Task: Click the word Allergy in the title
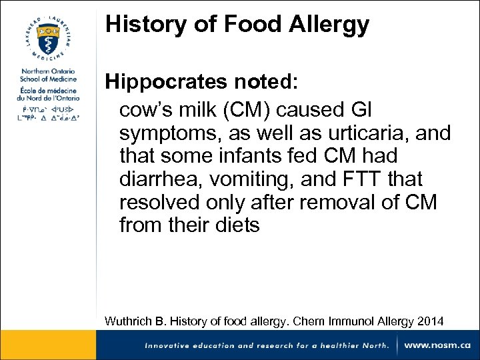[329, 25]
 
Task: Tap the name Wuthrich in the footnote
[130, 321]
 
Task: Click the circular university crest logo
[47, 35]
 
